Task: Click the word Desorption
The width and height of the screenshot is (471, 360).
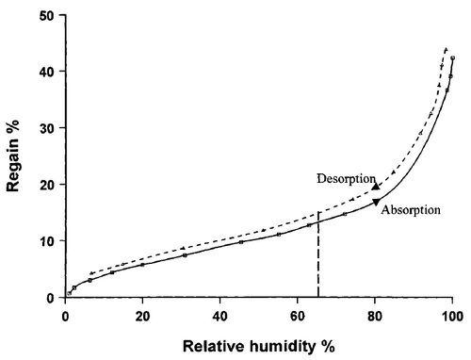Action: click(x=346, y=179)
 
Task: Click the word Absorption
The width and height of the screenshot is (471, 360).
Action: click(x=411, y=210)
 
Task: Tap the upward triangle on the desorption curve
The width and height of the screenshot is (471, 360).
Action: click(x=376, y=187)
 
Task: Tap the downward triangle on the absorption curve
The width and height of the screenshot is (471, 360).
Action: click(x=376, y=202)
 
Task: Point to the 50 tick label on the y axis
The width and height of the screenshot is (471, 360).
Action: click(x=48, y=15)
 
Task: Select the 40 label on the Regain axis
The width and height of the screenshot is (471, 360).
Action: click(x=48, y=72)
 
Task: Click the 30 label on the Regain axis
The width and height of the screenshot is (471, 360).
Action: click(x=48, y=128)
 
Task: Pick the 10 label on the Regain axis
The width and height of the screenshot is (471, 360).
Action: click(x=48, y=241)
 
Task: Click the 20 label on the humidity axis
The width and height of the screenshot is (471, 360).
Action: click(x=142, y=317)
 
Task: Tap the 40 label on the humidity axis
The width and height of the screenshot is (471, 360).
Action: click(x=219, y=317)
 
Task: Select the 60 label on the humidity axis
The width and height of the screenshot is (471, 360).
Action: click(x=298, y=317)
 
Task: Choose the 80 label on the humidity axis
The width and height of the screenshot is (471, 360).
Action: click(x=375, y=317)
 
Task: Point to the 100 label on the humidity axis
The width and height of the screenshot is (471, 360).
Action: click(x=452, y=317)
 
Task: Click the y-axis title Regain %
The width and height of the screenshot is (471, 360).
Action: click(x=13, y=155)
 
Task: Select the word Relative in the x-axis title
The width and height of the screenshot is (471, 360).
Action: click(x=215, y=347)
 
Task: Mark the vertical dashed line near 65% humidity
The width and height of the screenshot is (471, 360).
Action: click(x=318, y=254)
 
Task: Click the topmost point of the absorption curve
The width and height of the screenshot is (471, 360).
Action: click(x=453, y=57)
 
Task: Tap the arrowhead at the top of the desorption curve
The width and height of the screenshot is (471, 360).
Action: click(x=446, y=49)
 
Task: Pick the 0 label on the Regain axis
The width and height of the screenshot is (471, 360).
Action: click(x=50, y=298)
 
